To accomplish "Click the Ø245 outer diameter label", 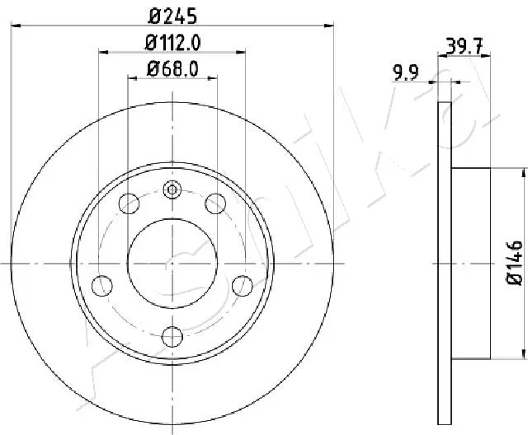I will tap(172, 14).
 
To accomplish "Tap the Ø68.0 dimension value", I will tap(172, 69).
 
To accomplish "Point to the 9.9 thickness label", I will tap(404, 74).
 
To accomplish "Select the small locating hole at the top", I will tap(172, 190).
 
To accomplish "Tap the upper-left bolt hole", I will tap(129, 203).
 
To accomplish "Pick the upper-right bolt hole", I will tap(216, 203).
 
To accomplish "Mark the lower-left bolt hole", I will tap(101, 286).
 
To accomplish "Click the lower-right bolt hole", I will tap(243, 286).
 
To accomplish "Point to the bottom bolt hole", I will tap(172, 336).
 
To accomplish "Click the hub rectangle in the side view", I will tap(472, 264).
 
